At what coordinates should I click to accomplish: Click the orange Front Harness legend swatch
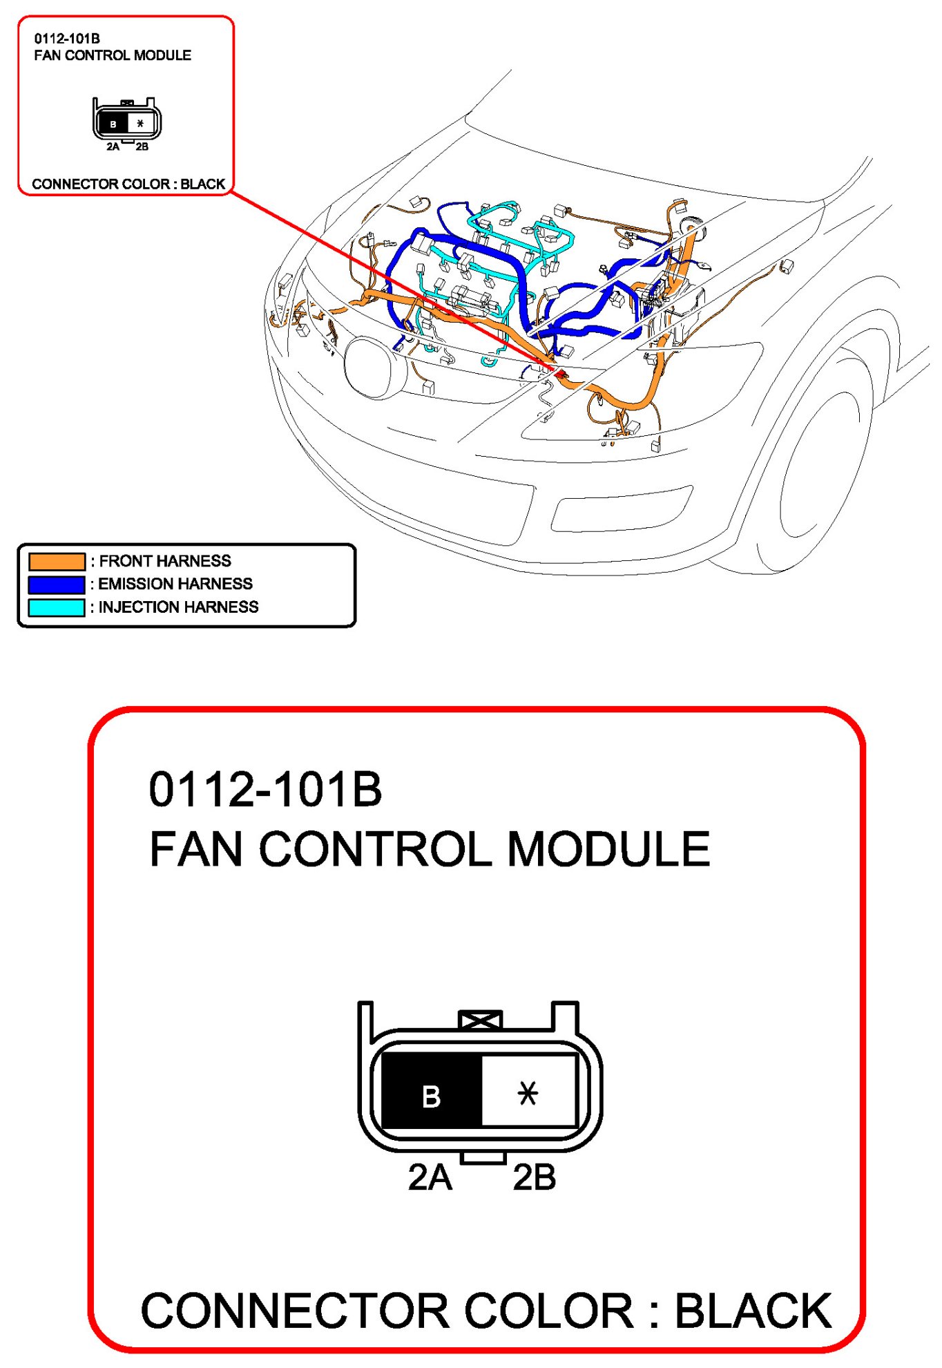[57, 561]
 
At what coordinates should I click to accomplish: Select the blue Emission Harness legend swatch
[57, 585]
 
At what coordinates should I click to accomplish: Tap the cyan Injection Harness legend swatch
[57, 607]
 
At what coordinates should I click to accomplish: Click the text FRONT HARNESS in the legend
[165, 561]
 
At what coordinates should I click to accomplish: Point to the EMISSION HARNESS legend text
[175, 584]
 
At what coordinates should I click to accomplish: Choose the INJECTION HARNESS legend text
[178, 607]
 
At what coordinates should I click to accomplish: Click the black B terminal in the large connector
[432, 1090]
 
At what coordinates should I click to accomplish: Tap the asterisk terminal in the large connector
[528, 1090]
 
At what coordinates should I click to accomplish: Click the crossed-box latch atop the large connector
[480, 1020]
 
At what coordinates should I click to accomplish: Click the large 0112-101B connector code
[265, 790]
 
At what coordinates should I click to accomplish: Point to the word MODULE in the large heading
[608, 849]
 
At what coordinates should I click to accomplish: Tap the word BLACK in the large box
[753, 1311]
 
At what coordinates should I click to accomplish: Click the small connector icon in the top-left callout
[127, 123]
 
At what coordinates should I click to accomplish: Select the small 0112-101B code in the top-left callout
[67, 39]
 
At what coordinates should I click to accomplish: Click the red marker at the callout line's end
[560, 374]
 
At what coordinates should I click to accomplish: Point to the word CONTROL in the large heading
[374, 849]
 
